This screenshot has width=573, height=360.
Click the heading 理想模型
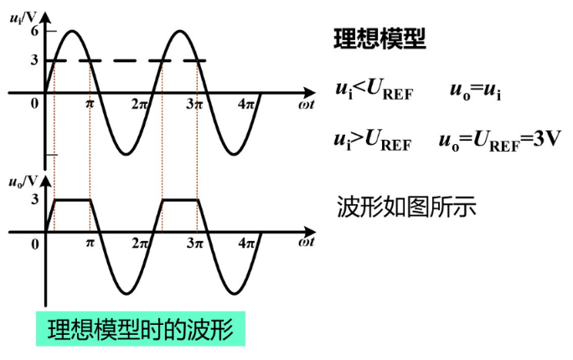[379, 39]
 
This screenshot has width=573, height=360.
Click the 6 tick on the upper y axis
[34, 31]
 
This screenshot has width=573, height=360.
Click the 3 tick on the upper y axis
[34, 60]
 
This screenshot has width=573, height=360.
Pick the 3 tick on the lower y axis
[34, 199]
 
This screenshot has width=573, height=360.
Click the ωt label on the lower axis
[305, 243]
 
